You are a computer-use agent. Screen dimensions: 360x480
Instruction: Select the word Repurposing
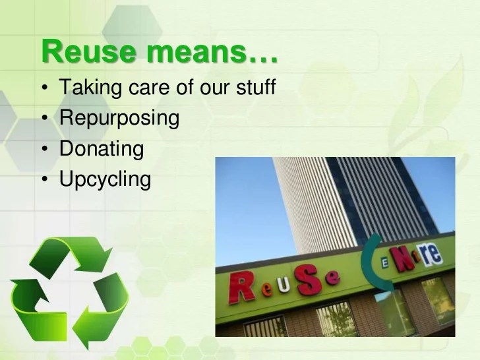[x=119, y=118]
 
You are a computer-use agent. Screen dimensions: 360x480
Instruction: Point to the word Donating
[x=101, y=148]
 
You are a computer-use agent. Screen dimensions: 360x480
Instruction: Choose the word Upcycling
[x=105, y=179]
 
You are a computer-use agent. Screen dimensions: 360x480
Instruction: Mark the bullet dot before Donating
[x=44, y=150]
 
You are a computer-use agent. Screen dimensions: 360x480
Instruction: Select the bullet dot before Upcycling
[x=44, y=180]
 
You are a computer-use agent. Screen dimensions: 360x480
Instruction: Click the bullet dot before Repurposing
[x=44, y=119]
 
